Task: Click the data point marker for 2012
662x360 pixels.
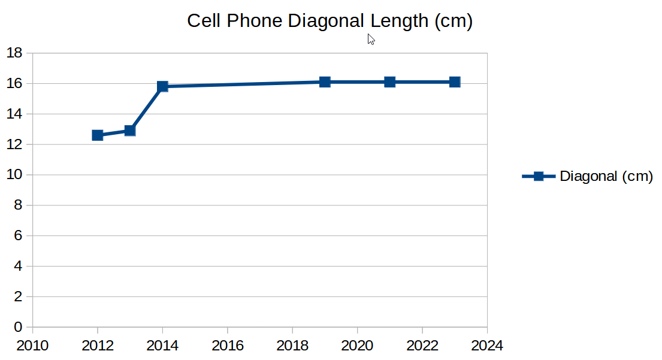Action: [98, 135]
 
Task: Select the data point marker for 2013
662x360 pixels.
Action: [130, 131]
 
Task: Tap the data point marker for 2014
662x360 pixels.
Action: [162, 86]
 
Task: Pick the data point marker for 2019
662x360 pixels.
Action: [325, 82]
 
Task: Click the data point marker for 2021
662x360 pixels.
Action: [390, 82]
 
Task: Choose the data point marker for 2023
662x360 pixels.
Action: [455, 82]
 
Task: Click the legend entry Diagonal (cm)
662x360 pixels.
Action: [606, 177]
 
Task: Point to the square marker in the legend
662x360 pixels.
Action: [539, 176]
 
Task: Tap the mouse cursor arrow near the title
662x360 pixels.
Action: [371, 39]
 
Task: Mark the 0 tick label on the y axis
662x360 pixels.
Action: [18, 327]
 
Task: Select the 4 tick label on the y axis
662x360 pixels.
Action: [18, 266]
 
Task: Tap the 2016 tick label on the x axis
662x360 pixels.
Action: [228, 346]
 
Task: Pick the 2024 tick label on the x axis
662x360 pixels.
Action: [487, 346]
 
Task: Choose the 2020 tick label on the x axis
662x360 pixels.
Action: [358, 346]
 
